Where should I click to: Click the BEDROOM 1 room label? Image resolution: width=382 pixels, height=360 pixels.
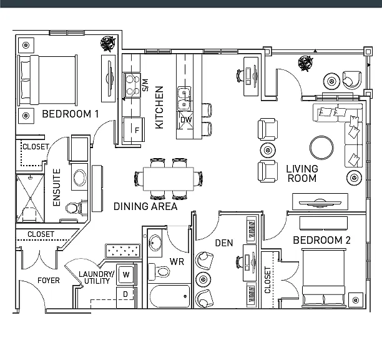(x=70, y=114)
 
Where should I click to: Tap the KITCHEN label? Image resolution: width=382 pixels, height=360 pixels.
(x=159, y=107)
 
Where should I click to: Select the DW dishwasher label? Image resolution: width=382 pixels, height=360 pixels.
(x=186, y=120)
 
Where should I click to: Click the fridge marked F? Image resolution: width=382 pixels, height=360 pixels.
(x=134, y=130)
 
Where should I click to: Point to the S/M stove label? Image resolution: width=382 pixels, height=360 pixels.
(x=145, y=85)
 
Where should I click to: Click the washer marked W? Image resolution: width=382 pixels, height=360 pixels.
(x=125, y=274)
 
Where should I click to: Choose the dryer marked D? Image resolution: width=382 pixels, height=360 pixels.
(x=125, y=297)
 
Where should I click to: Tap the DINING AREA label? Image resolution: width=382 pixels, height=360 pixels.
(x=145, y=206)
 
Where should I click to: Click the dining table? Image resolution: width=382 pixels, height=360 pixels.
(x=169, y=179)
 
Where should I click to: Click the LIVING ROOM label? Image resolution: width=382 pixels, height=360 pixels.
(x=302, y=173)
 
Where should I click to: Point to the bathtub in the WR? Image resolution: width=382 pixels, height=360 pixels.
(x=170, y=296)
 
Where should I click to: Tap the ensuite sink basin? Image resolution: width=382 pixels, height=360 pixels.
(x=80, y=177)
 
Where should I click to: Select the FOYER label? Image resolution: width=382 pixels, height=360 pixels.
(x=49, y=281)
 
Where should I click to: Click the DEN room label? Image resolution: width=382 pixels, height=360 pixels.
(x=224, y=243)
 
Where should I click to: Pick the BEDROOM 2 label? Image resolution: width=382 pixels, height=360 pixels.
(x=321, y=240)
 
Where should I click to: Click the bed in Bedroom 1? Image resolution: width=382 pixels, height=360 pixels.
(x=47, y=80)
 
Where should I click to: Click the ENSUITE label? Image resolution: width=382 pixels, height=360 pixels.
(x=57, y=187)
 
